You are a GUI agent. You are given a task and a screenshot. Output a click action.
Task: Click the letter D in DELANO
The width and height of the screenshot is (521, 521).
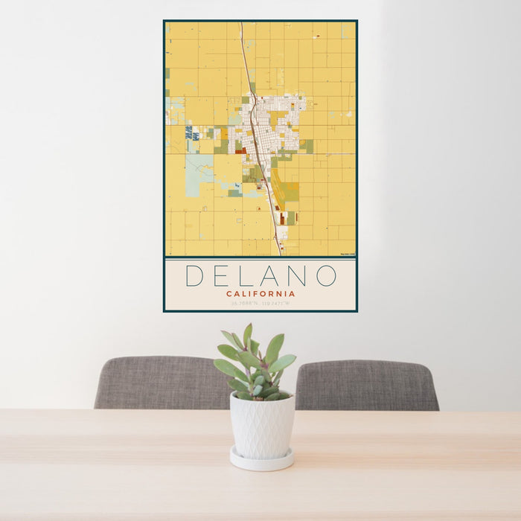194,275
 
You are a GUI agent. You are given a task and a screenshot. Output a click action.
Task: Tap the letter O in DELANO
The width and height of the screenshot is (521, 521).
326,275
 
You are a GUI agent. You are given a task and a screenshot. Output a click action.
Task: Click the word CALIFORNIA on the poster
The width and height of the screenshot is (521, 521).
260,293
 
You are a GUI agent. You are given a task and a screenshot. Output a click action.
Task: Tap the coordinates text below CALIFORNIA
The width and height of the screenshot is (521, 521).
260,303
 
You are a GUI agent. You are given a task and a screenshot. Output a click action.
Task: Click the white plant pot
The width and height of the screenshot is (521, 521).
262,425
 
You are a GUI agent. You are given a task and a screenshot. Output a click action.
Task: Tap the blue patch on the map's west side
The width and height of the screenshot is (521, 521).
189,133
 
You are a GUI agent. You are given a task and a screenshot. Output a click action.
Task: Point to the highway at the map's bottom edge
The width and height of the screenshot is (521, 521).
279,251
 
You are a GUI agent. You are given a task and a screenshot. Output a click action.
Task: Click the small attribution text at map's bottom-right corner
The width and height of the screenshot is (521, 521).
347,255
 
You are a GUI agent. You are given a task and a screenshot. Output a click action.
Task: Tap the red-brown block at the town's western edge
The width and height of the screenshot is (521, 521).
240,150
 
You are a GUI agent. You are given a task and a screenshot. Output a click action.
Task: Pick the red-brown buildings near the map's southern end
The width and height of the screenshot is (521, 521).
284,217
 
